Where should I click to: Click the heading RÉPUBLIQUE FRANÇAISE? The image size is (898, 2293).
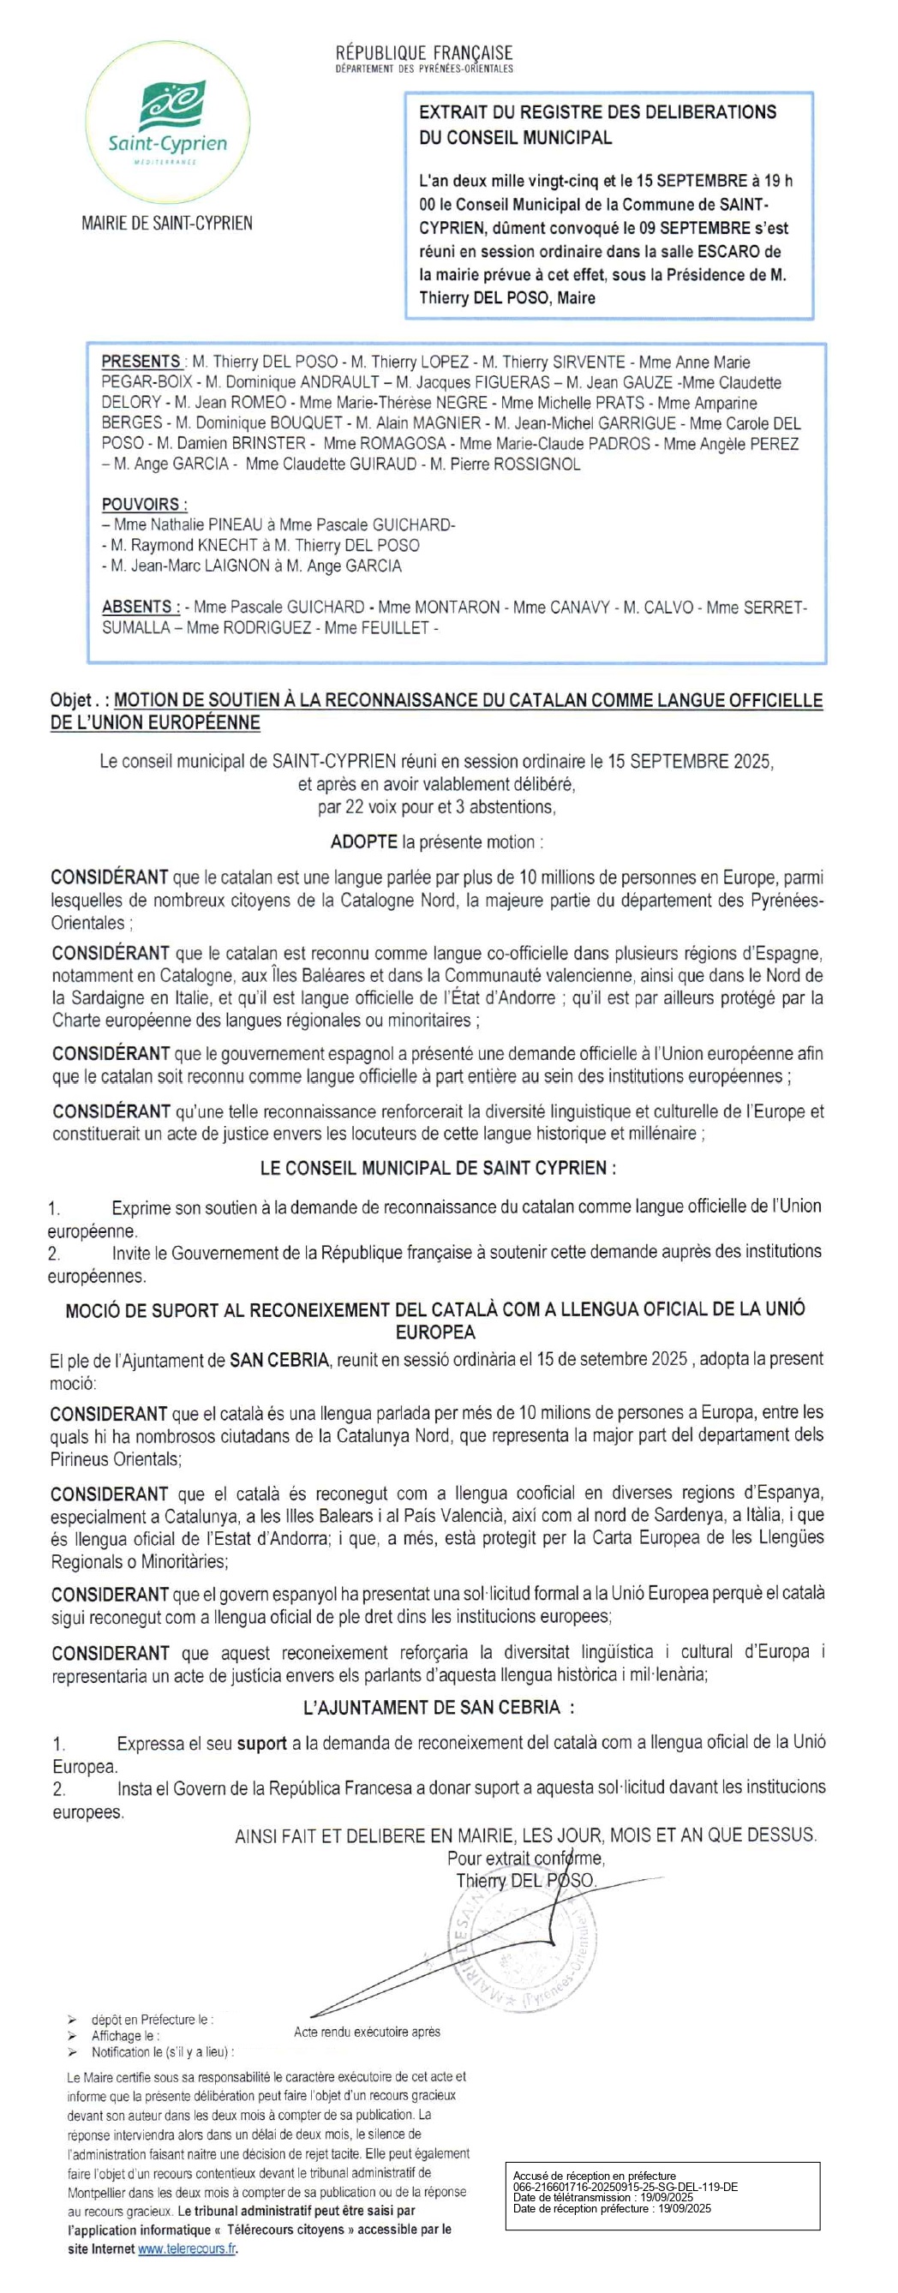click(423, 53)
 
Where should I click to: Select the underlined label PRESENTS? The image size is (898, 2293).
click(141, 362)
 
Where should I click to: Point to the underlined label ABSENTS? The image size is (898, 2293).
click(140, 607)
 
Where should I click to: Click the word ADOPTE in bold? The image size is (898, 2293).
click(364, 842)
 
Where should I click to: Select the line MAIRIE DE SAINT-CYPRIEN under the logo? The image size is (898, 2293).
click(166, 223)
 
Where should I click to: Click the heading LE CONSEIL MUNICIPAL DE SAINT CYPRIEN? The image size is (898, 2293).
click(437, 1168)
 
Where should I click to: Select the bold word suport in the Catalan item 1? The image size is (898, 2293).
click(260, 1744)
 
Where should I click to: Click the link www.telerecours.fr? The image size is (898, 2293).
click(187, 2248)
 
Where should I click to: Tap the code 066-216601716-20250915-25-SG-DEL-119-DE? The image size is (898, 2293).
click(625, 2187)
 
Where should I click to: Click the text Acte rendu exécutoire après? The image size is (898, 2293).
click(367, 2033)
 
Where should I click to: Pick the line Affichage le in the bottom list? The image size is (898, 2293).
click(125, 2036)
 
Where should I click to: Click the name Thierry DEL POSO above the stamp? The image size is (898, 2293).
click(524, 1880)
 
